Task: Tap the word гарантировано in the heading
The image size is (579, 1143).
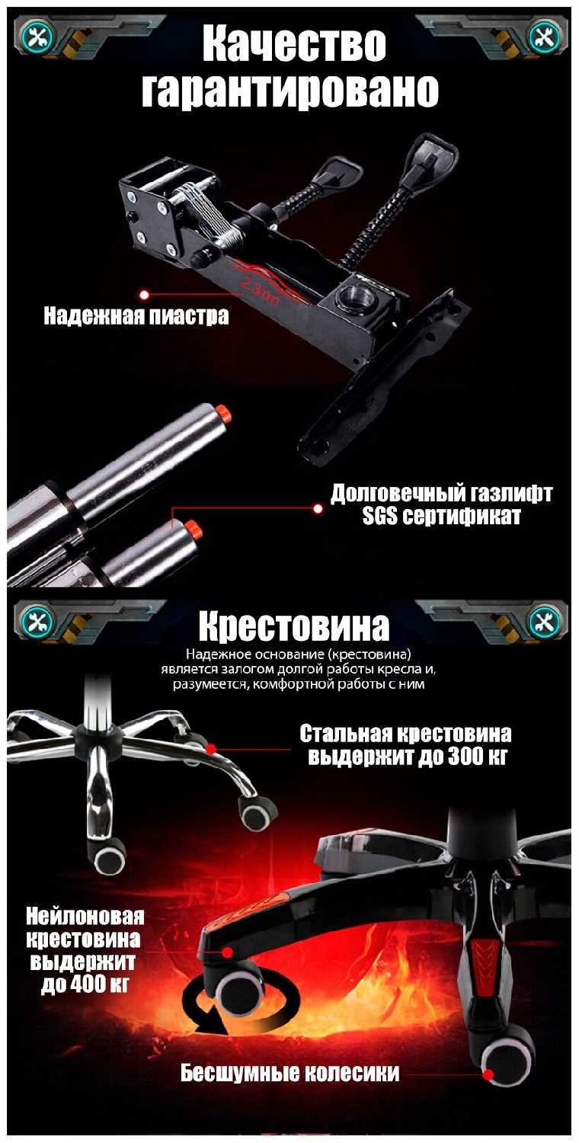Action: [289, 90]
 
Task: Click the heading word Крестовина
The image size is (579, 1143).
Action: [294, 626]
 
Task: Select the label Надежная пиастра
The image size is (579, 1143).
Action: [136, 316]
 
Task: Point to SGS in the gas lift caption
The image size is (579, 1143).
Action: [379, 516]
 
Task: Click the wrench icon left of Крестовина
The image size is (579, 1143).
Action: [37, 621]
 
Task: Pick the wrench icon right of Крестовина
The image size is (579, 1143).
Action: [545, 621]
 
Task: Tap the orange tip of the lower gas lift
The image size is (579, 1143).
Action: [194, 530]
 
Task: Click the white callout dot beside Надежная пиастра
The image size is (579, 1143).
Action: [144, 295]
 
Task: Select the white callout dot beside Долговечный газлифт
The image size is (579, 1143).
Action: [318, 509]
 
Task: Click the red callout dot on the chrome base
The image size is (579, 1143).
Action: [211, 749]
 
